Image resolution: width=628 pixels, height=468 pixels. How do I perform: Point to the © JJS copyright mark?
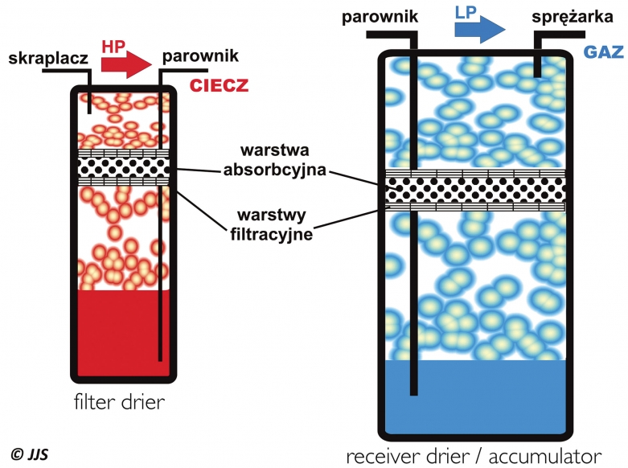point(29,454)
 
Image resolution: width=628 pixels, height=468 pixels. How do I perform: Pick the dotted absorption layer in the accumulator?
point(474,190)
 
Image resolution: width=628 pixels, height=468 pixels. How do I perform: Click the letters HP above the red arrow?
point(113,47)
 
